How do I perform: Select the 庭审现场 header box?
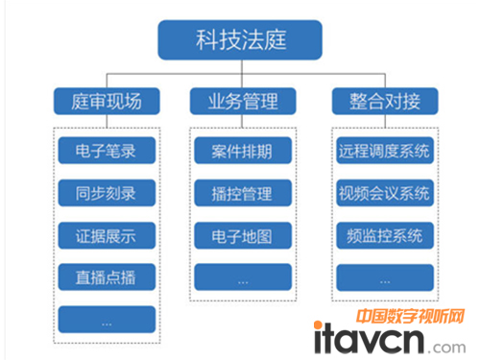105,100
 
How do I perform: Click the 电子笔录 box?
105,151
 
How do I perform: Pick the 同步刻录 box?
105,192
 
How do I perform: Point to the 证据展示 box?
105,234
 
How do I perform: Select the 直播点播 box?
105,276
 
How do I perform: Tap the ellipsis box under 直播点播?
105,318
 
